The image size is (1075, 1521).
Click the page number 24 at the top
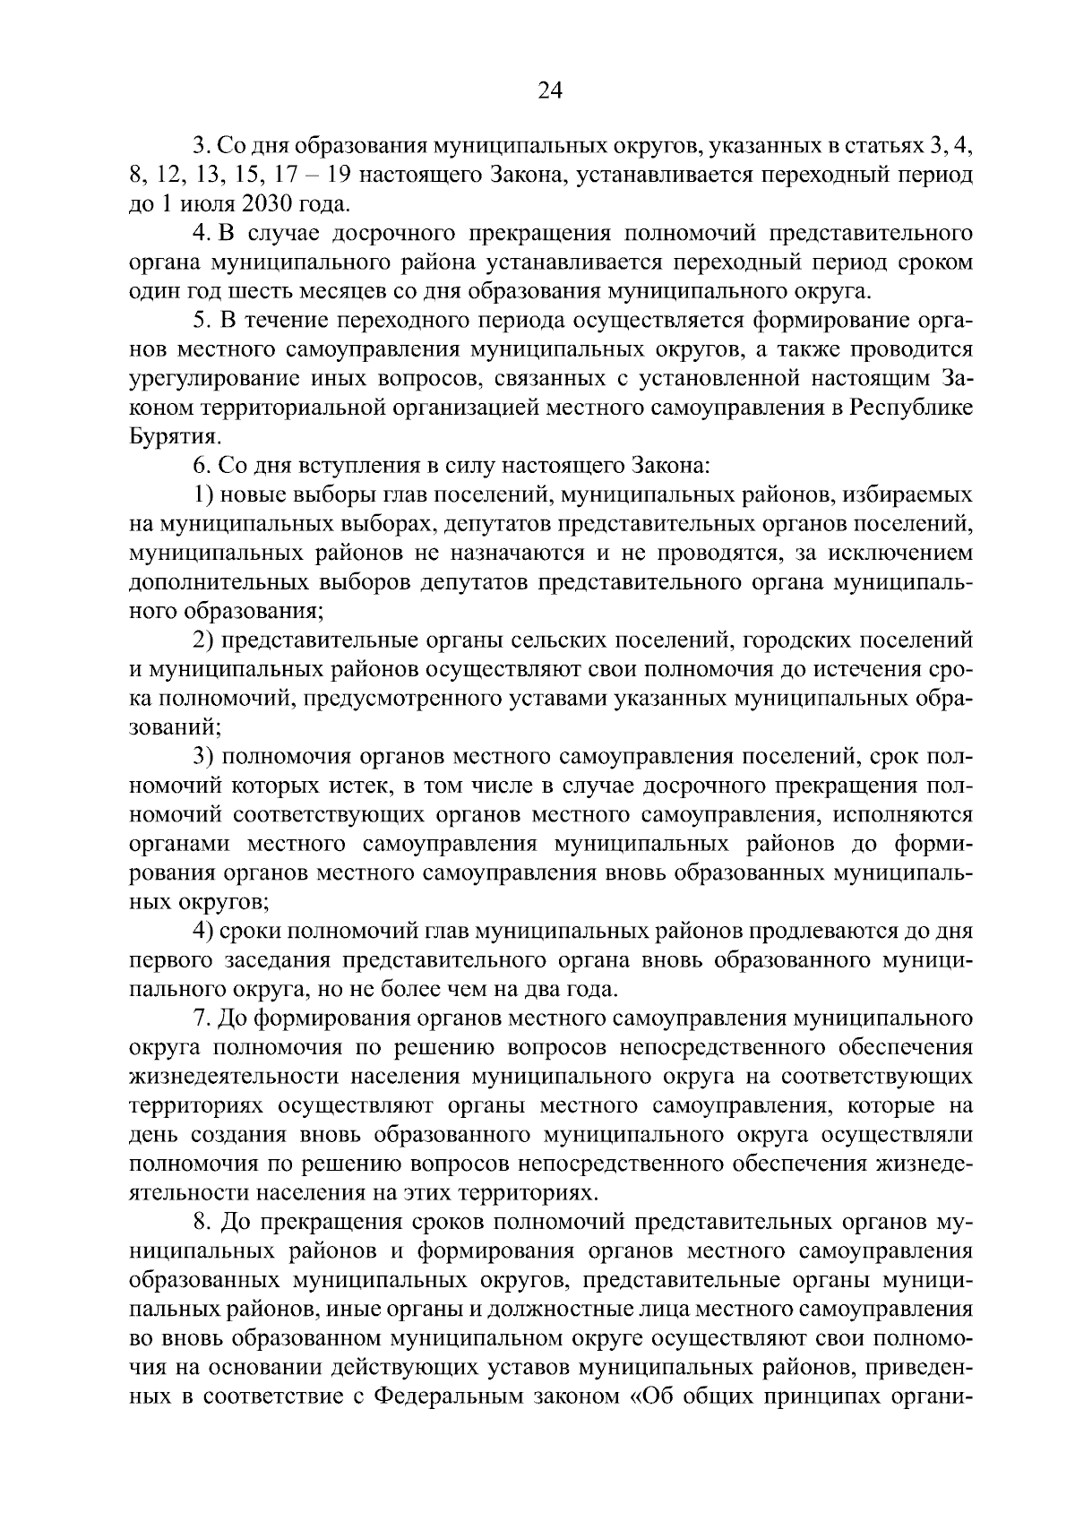(x=550, y=90)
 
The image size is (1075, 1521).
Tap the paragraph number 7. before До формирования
(x=202, y=1018)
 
